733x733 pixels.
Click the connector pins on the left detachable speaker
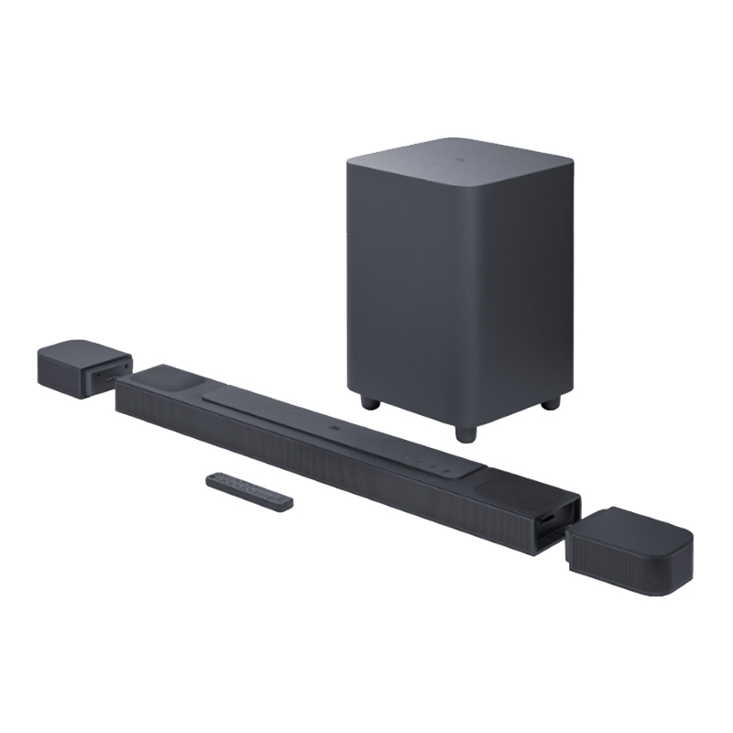(x=110, y=376)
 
